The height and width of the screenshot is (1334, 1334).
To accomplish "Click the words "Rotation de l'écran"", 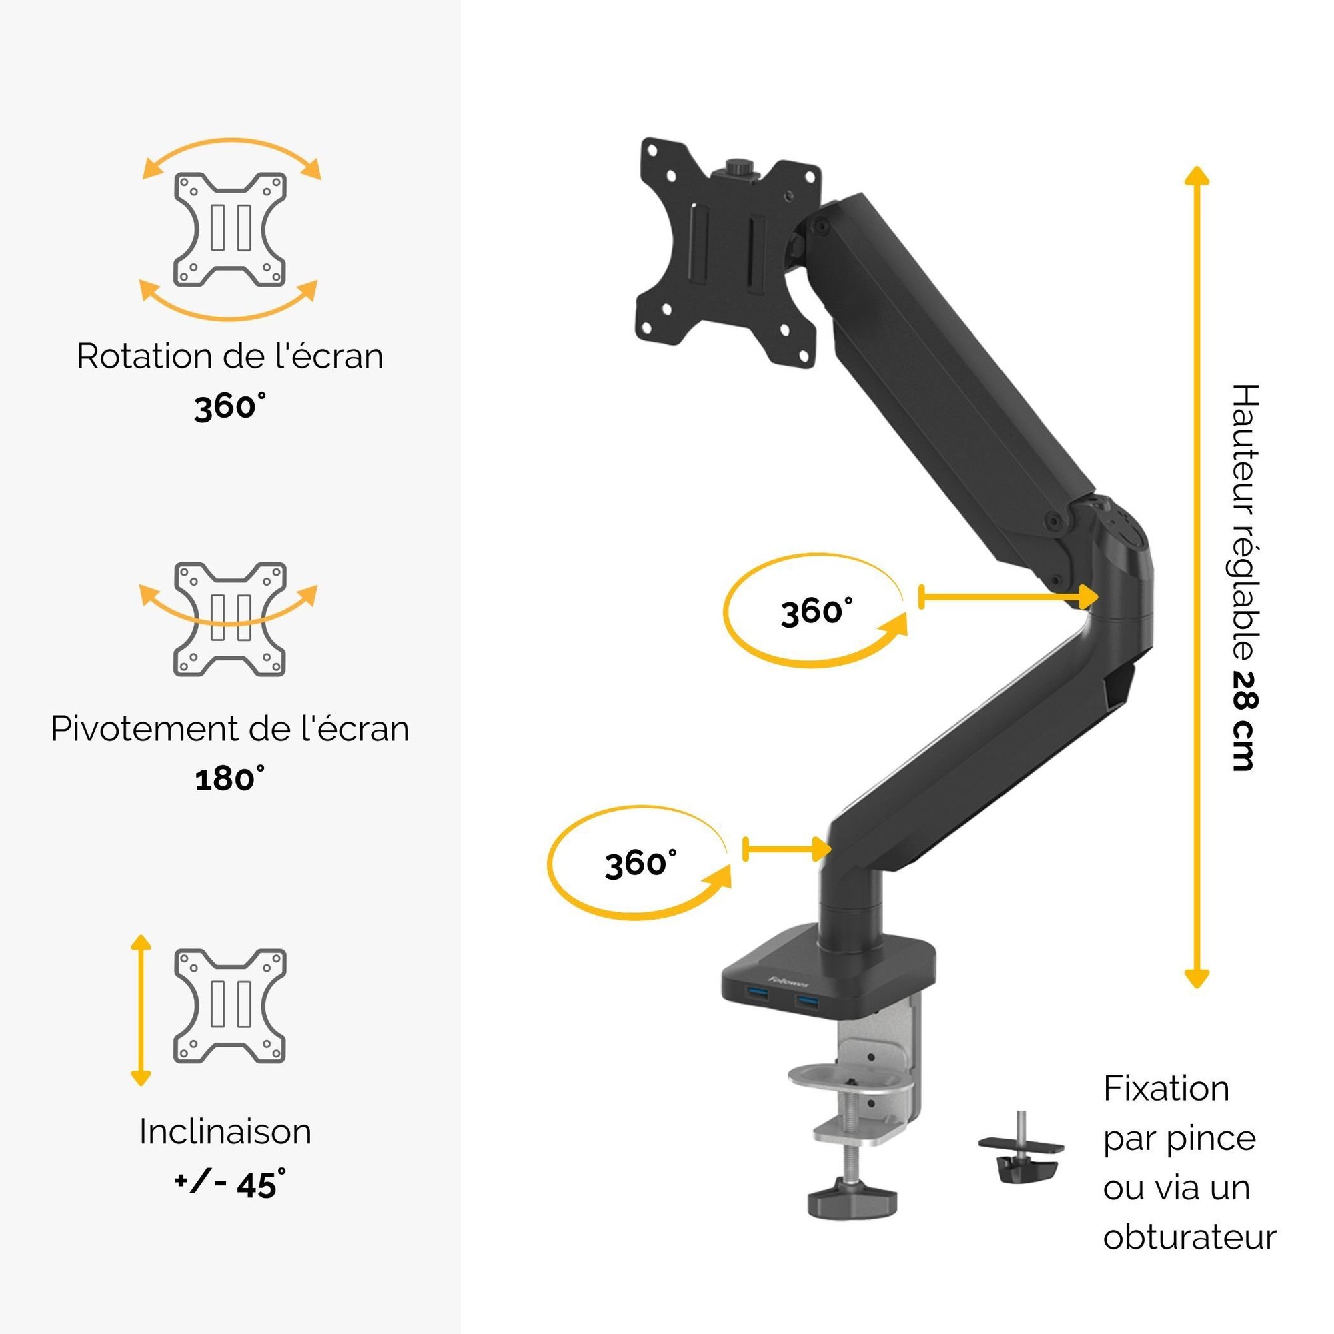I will (x=230, y=357).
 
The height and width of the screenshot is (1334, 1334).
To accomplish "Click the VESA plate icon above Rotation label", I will (x=230, y=229).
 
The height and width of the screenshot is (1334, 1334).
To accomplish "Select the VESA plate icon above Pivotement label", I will (x=230, y=620).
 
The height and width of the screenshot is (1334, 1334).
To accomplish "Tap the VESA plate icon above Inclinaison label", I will (x=230, y=1006).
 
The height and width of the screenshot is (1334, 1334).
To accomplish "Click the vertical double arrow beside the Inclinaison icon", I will (x=141, y=1010).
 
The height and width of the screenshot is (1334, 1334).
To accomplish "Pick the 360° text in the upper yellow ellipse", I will (x=816, y=611).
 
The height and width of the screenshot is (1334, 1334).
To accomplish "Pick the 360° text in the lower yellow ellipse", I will (x=640, y=863).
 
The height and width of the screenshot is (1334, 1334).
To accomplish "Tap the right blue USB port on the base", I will (x=808, y=1000).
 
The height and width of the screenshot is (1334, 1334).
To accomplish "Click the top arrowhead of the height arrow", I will (x=1197, y=175).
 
